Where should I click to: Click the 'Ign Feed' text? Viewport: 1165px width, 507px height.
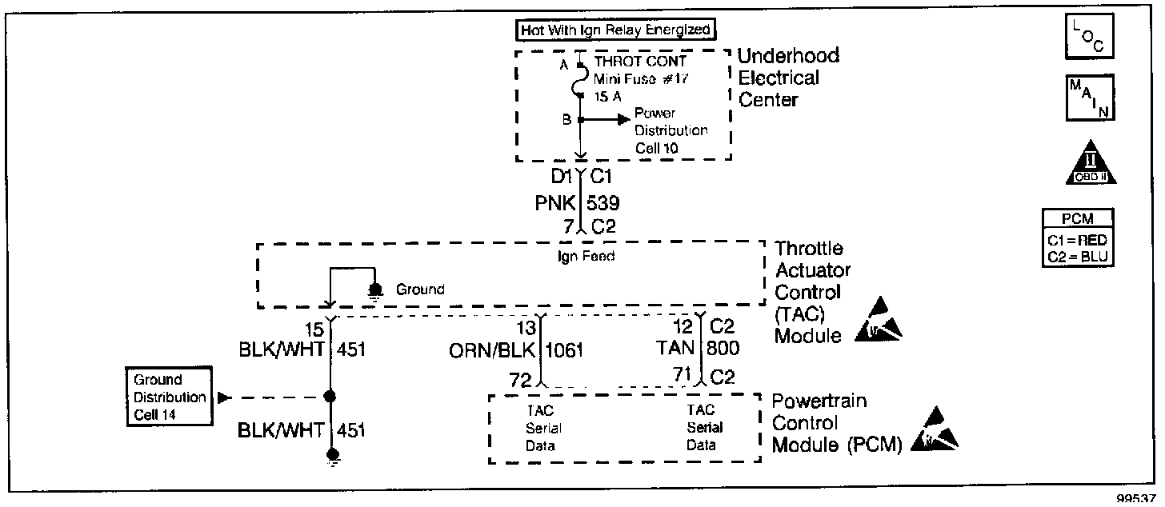580,257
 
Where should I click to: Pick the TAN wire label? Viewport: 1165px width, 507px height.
676,349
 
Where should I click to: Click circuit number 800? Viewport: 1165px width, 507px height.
723,349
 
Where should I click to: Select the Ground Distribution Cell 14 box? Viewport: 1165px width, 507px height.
169,397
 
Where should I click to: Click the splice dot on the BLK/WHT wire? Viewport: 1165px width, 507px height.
329,397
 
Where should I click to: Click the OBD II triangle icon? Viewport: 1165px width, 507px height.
1091,166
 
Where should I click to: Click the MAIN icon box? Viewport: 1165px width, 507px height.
1091,98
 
